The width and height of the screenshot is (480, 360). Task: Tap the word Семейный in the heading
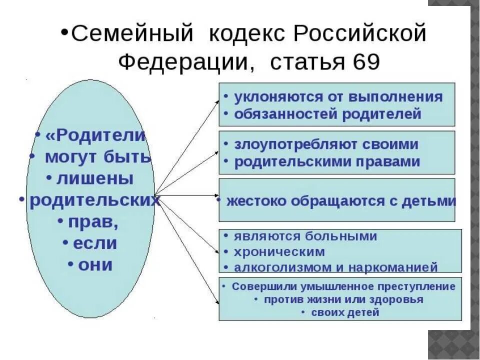[132, 34]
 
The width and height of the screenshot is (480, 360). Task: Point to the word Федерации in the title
[182, 61]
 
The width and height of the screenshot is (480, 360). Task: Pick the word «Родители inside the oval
[95, 135]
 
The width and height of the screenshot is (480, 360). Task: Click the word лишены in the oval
[95, 178]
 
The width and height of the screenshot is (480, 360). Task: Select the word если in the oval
[95, 243]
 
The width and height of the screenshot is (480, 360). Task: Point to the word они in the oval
[95, 264]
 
